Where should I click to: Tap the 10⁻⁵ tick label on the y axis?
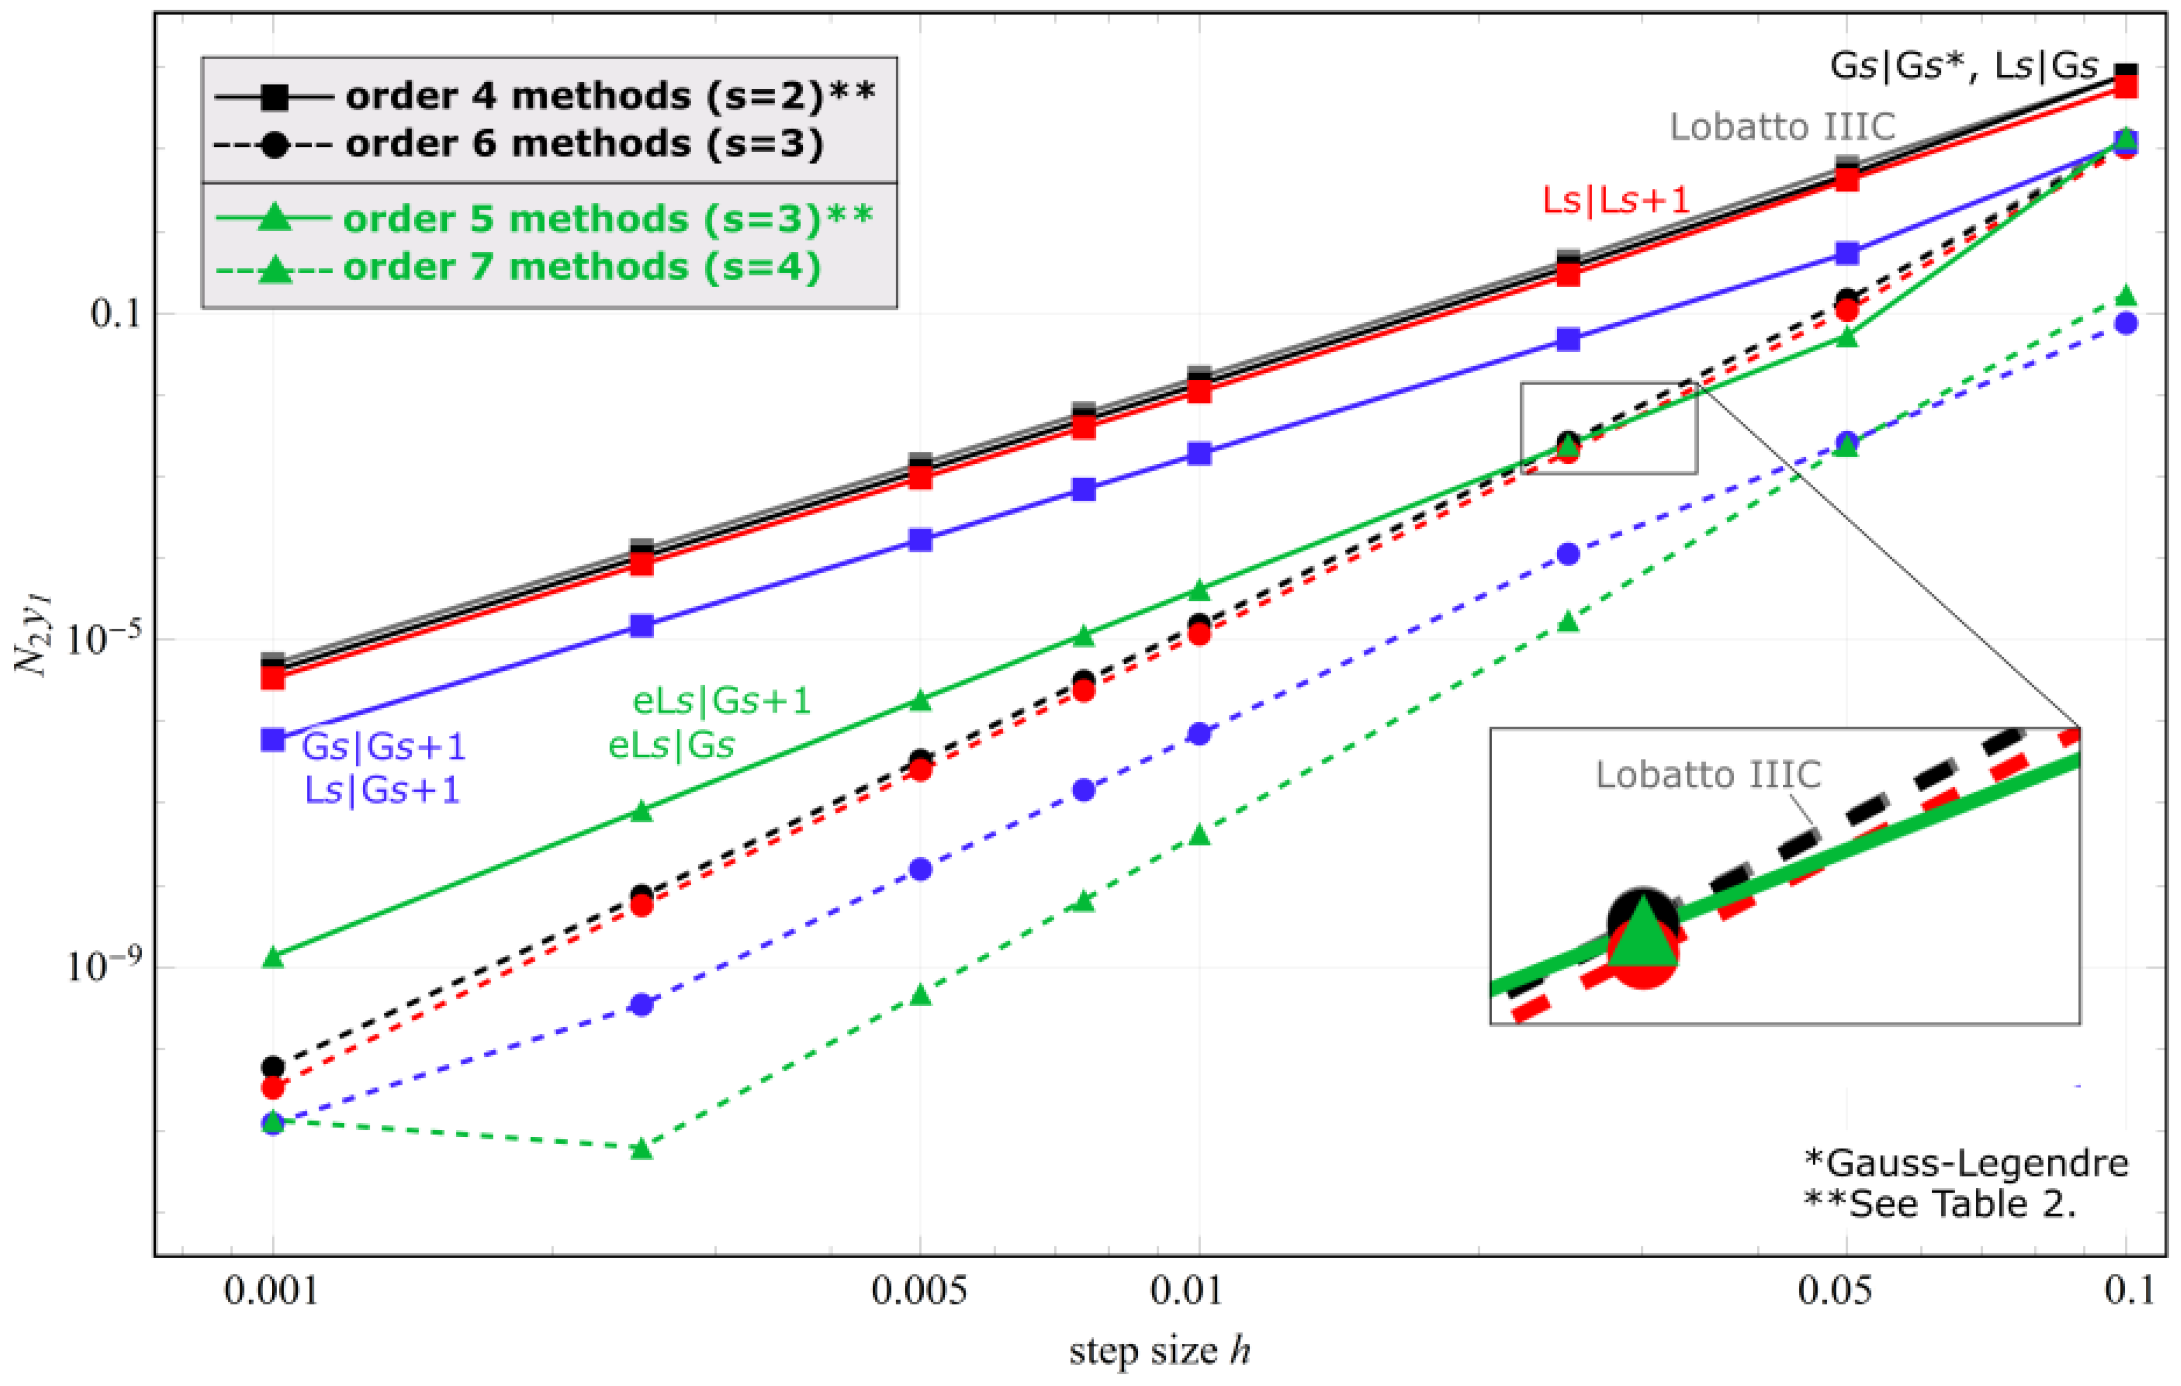coord(100,639)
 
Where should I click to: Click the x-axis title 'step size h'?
coord(1159,1351)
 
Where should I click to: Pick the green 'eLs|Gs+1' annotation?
coord(721,700)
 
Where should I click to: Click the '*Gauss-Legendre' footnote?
coord(1965,1162)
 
